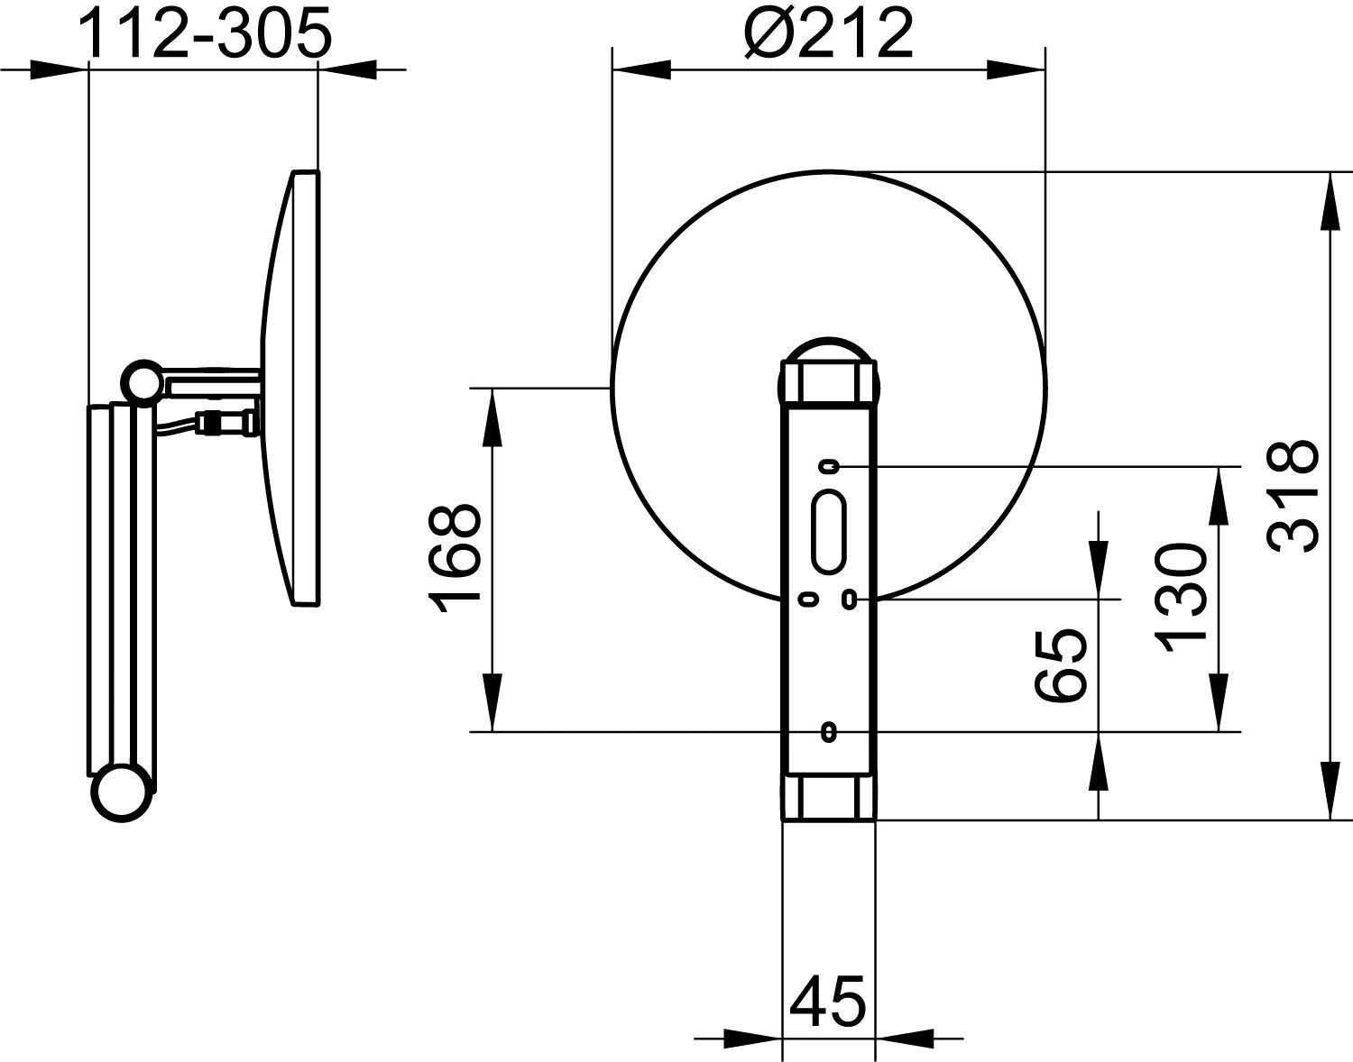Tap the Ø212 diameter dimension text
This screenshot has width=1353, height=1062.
tap(829, 33)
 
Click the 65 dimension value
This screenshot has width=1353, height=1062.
tap(1061, 665)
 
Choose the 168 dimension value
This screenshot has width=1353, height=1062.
tap(455, 559)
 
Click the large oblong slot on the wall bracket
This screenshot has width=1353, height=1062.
tap(828, 531)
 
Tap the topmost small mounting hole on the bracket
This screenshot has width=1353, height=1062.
tap(828, 466)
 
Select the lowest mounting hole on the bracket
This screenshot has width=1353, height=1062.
tap(828, 731)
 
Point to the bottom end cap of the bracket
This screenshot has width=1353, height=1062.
tap(828, 797)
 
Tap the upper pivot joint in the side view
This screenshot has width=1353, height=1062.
tap(143, 381)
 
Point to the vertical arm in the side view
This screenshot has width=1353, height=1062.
tap(122, 586)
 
